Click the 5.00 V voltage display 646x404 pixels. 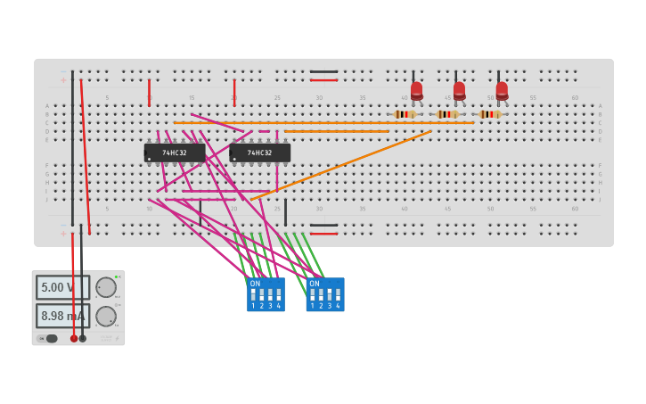coord(62,287)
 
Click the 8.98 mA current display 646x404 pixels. coord(62,316)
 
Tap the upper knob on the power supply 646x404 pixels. coord(105,287)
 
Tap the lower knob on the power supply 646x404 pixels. coord(105,316)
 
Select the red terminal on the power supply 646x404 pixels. coord(73,338)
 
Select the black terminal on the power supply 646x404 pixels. coord(83,338)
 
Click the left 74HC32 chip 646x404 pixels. coord(175,153)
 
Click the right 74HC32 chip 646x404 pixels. coord(259,153)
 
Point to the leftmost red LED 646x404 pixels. coord(416,90)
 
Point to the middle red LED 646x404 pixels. coord(459,90)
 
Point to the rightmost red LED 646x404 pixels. coord(502,90)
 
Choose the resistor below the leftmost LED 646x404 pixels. coord(405,114)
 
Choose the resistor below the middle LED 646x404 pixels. coord(447,114)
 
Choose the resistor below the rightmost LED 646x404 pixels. coord(489,114)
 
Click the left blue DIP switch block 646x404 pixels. coord(266,294)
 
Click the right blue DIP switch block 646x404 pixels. coord(325,294)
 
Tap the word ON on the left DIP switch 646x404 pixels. coord(255,284)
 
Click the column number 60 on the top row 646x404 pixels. coord(575,97)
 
